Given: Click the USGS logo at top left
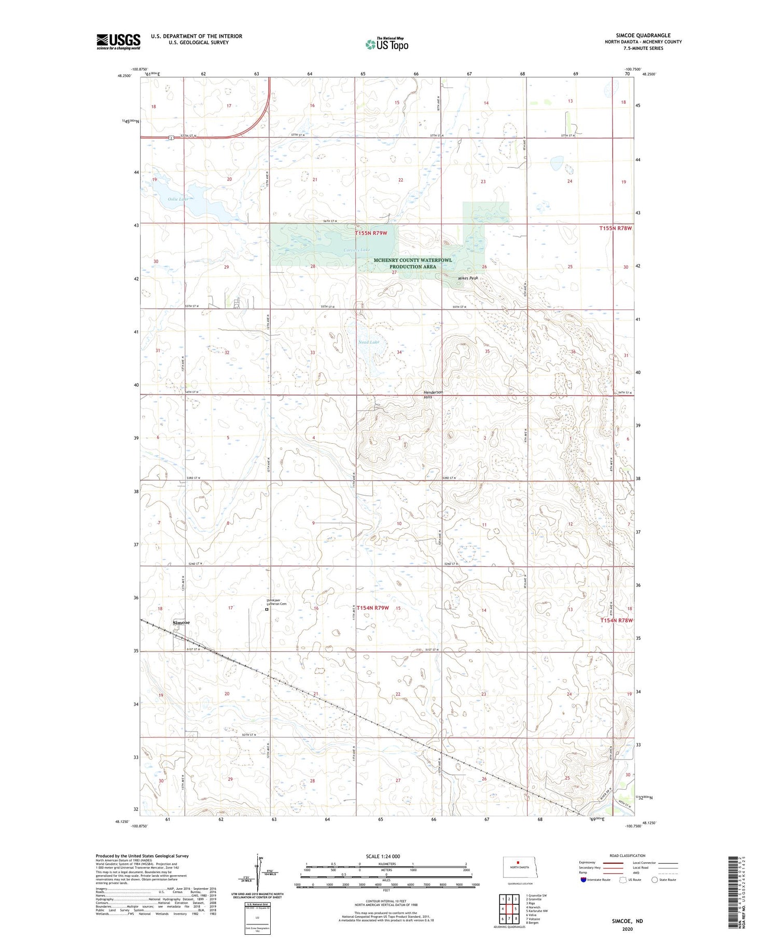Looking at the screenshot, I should (118, 41).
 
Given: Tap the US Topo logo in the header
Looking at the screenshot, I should (387, 44).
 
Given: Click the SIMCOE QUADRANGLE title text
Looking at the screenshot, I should (643, 35).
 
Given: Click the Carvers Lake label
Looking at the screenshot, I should (357, 250).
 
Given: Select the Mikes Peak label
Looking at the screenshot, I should (467, 278).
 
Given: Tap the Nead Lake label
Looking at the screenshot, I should (369, 342).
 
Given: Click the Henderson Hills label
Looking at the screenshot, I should (434, 395).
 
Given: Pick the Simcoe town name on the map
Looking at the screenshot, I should (181, 622).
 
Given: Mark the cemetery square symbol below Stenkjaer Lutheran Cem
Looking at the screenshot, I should (267, 610).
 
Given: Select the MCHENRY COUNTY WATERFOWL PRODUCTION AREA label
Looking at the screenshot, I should (412, 263).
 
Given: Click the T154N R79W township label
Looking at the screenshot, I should (372, 608).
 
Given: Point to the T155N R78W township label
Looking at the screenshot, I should (616, 228).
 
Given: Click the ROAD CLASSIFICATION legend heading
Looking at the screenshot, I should (628, 855).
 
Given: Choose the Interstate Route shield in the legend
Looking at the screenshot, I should (584, 879).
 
